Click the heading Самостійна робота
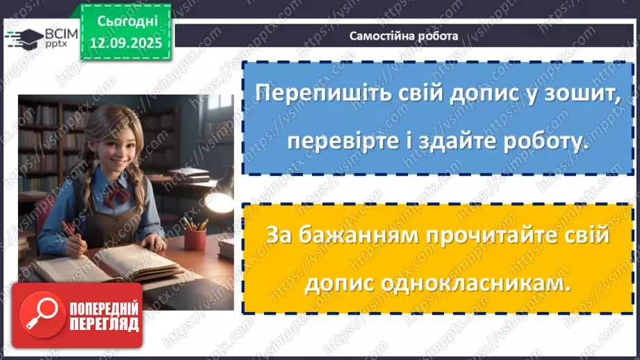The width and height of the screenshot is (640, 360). coord(404,36)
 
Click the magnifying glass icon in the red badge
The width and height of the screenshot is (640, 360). coord(40,315)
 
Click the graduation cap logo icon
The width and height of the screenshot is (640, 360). coord(22,37)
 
